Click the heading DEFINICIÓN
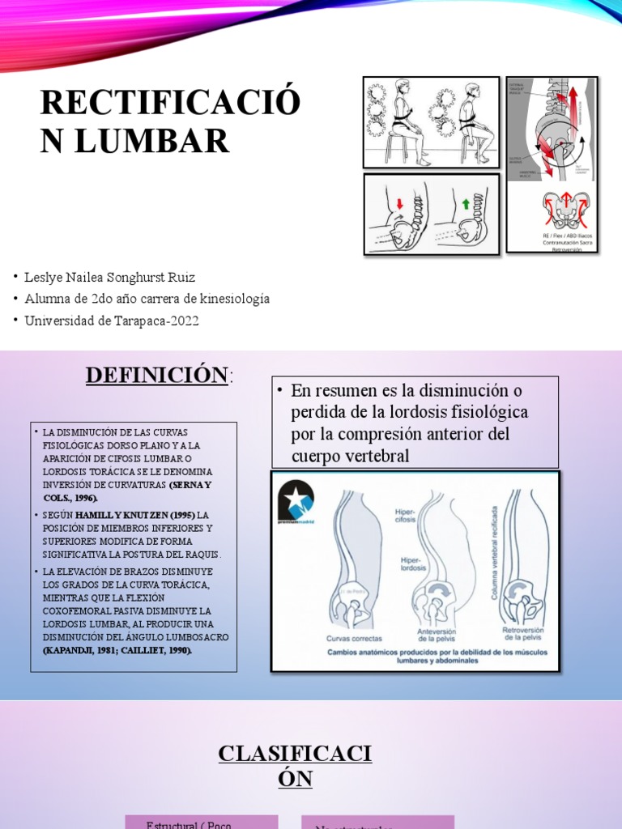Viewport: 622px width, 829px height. pos(157,375)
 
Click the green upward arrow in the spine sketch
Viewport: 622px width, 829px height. pos(466,202)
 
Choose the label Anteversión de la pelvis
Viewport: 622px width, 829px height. pos(437,635)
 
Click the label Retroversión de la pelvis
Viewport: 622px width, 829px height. pos(522,634)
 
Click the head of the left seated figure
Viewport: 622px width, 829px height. pos(402,88)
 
